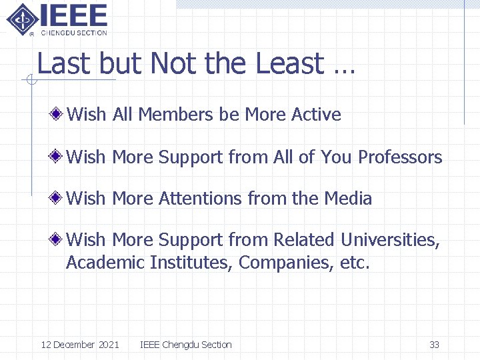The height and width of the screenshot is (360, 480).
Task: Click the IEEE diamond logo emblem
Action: pyautogui.click(x=22, y=19)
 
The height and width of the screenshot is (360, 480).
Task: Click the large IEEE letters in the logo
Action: pyautogui.click(x=73, y=15)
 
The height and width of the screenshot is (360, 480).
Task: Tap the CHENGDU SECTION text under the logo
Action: pyautogui.click(x=74, y=32)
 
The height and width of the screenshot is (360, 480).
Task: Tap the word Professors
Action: pyautogui.click(x=400, y=157)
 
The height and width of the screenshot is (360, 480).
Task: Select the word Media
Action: pyautogui.click(x=348, y=199)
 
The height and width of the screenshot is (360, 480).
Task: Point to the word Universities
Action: pyautogui.click(x=390, y=240)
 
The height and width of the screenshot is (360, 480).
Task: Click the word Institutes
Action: pyautogui.click(x=190, y=263)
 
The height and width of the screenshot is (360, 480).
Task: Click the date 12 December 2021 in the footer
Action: pyautogui.click(x=80, y=345)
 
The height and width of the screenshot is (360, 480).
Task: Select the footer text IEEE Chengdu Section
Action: pyautogui.click(x=186, y=345)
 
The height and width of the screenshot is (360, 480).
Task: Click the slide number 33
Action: pyautogui.click(x=434, y=345)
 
